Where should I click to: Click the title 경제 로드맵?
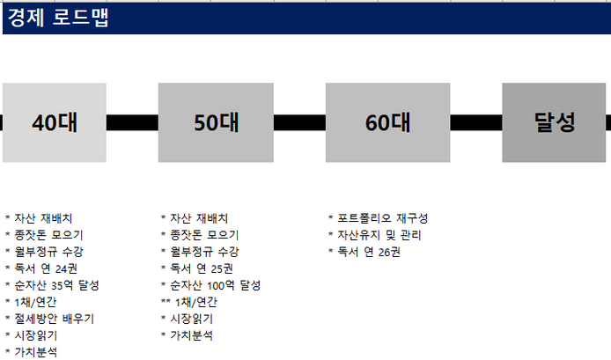[58, 18]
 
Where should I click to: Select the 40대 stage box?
[55, 122]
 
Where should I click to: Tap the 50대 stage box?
[216, 122]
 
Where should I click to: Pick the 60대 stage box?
[387, 122]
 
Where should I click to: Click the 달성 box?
[554, 122]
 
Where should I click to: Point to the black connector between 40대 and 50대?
[132, 122]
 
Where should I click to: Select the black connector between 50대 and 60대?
[299, 122]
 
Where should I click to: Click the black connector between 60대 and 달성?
[475, 122]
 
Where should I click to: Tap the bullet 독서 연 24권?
[41, 268]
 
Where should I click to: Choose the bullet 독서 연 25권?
[197, 268]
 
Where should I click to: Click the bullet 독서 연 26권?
[364, 252]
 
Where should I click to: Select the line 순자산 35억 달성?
[52, 285]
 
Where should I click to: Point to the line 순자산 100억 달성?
[210, 285]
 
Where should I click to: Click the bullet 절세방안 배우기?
[49, 319]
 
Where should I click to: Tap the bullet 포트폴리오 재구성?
[378, 218]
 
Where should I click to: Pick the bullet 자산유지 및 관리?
[374, 235]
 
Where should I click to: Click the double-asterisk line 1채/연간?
[189, 302]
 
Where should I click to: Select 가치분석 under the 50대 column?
[187, 335]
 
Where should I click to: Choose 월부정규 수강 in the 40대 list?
[44, 252]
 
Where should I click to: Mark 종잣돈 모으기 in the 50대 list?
[200, 235]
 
